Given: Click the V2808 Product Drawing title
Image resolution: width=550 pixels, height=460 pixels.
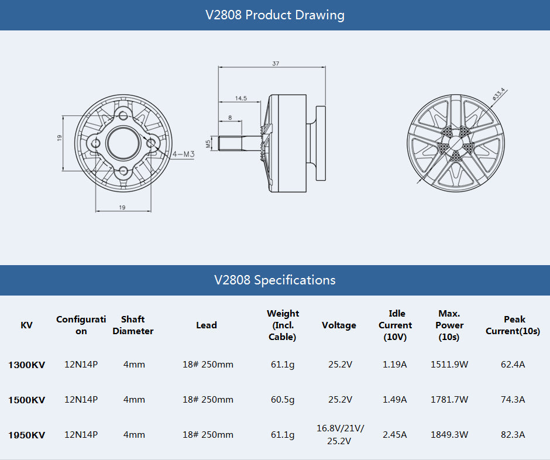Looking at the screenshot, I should (274, 15).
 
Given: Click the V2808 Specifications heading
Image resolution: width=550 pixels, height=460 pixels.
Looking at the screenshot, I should (274, 280).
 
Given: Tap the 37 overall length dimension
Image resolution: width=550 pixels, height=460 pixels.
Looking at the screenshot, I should (276, 63).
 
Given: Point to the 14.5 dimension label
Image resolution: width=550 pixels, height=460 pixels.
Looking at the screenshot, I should (240, 98).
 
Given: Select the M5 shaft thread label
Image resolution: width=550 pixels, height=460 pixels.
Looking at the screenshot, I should (208, 143).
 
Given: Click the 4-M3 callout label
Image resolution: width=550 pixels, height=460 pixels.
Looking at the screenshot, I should (183, 155).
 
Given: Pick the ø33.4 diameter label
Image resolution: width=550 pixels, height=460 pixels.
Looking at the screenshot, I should (499, 94).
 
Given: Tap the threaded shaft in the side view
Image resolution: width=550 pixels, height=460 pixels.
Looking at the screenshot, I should (237, 143).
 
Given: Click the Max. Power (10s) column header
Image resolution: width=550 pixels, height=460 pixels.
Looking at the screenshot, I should (449, 325).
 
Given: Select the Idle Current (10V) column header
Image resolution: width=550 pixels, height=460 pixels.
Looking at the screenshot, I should (395, 325).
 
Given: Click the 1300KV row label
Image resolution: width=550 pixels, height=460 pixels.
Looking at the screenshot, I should (26, 365).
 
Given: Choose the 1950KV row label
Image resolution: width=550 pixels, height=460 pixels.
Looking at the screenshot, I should (26, 435).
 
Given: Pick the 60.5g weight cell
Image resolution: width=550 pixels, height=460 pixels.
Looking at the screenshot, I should (283, 400).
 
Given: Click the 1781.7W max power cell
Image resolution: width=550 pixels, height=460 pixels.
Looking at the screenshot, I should (449, 400).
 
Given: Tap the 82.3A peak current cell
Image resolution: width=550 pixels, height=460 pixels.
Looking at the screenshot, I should (513, 435).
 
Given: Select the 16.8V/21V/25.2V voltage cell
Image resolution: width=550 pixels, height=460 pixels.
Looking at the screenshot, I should (340, 435).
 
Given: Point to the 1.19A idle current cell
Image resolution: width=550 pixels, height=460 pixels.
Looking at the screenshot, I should (394, 365).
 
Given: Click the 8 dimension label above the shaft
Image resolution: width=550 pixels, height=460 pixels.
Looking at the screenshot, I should (230, 118).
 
